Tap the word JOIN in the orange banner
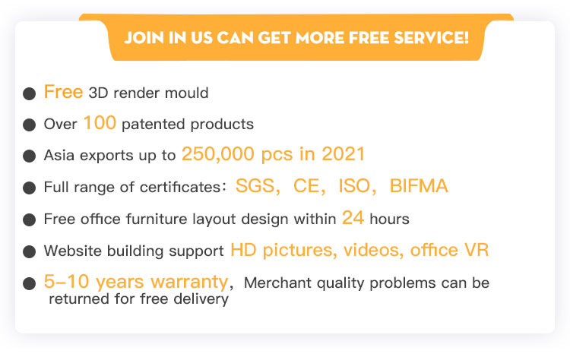144,38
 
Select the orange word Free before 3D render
63,92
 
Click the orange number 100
100,123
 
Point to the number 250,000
218,154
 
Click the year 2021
343,154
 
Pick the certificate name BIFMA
419,186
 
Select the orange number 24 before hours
353,218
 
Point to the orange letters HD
243,250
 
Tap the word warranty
189,282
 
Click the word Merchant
277,283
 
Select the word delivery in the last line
201,299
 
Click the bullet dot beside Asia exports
29,156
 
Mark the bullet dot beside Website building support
29,251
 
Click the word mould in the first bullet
186,93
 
